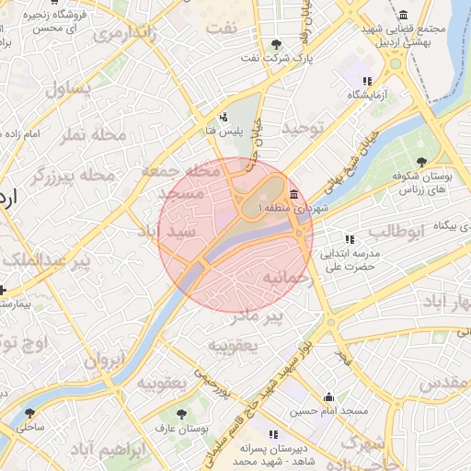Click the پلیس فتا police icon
click(x=224, y=117)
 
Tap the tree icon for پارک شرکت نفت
click(x=277, y=44)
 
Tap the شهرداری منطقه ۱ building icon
click(x=293, y=194)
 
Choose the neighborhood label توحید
click(x=304, y=129)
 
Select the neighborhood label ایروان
click(x=103, y=361)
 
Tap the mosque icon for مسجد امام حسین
click(x=328, y=397)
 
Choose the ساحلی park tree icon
click(x=30, y=414)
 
